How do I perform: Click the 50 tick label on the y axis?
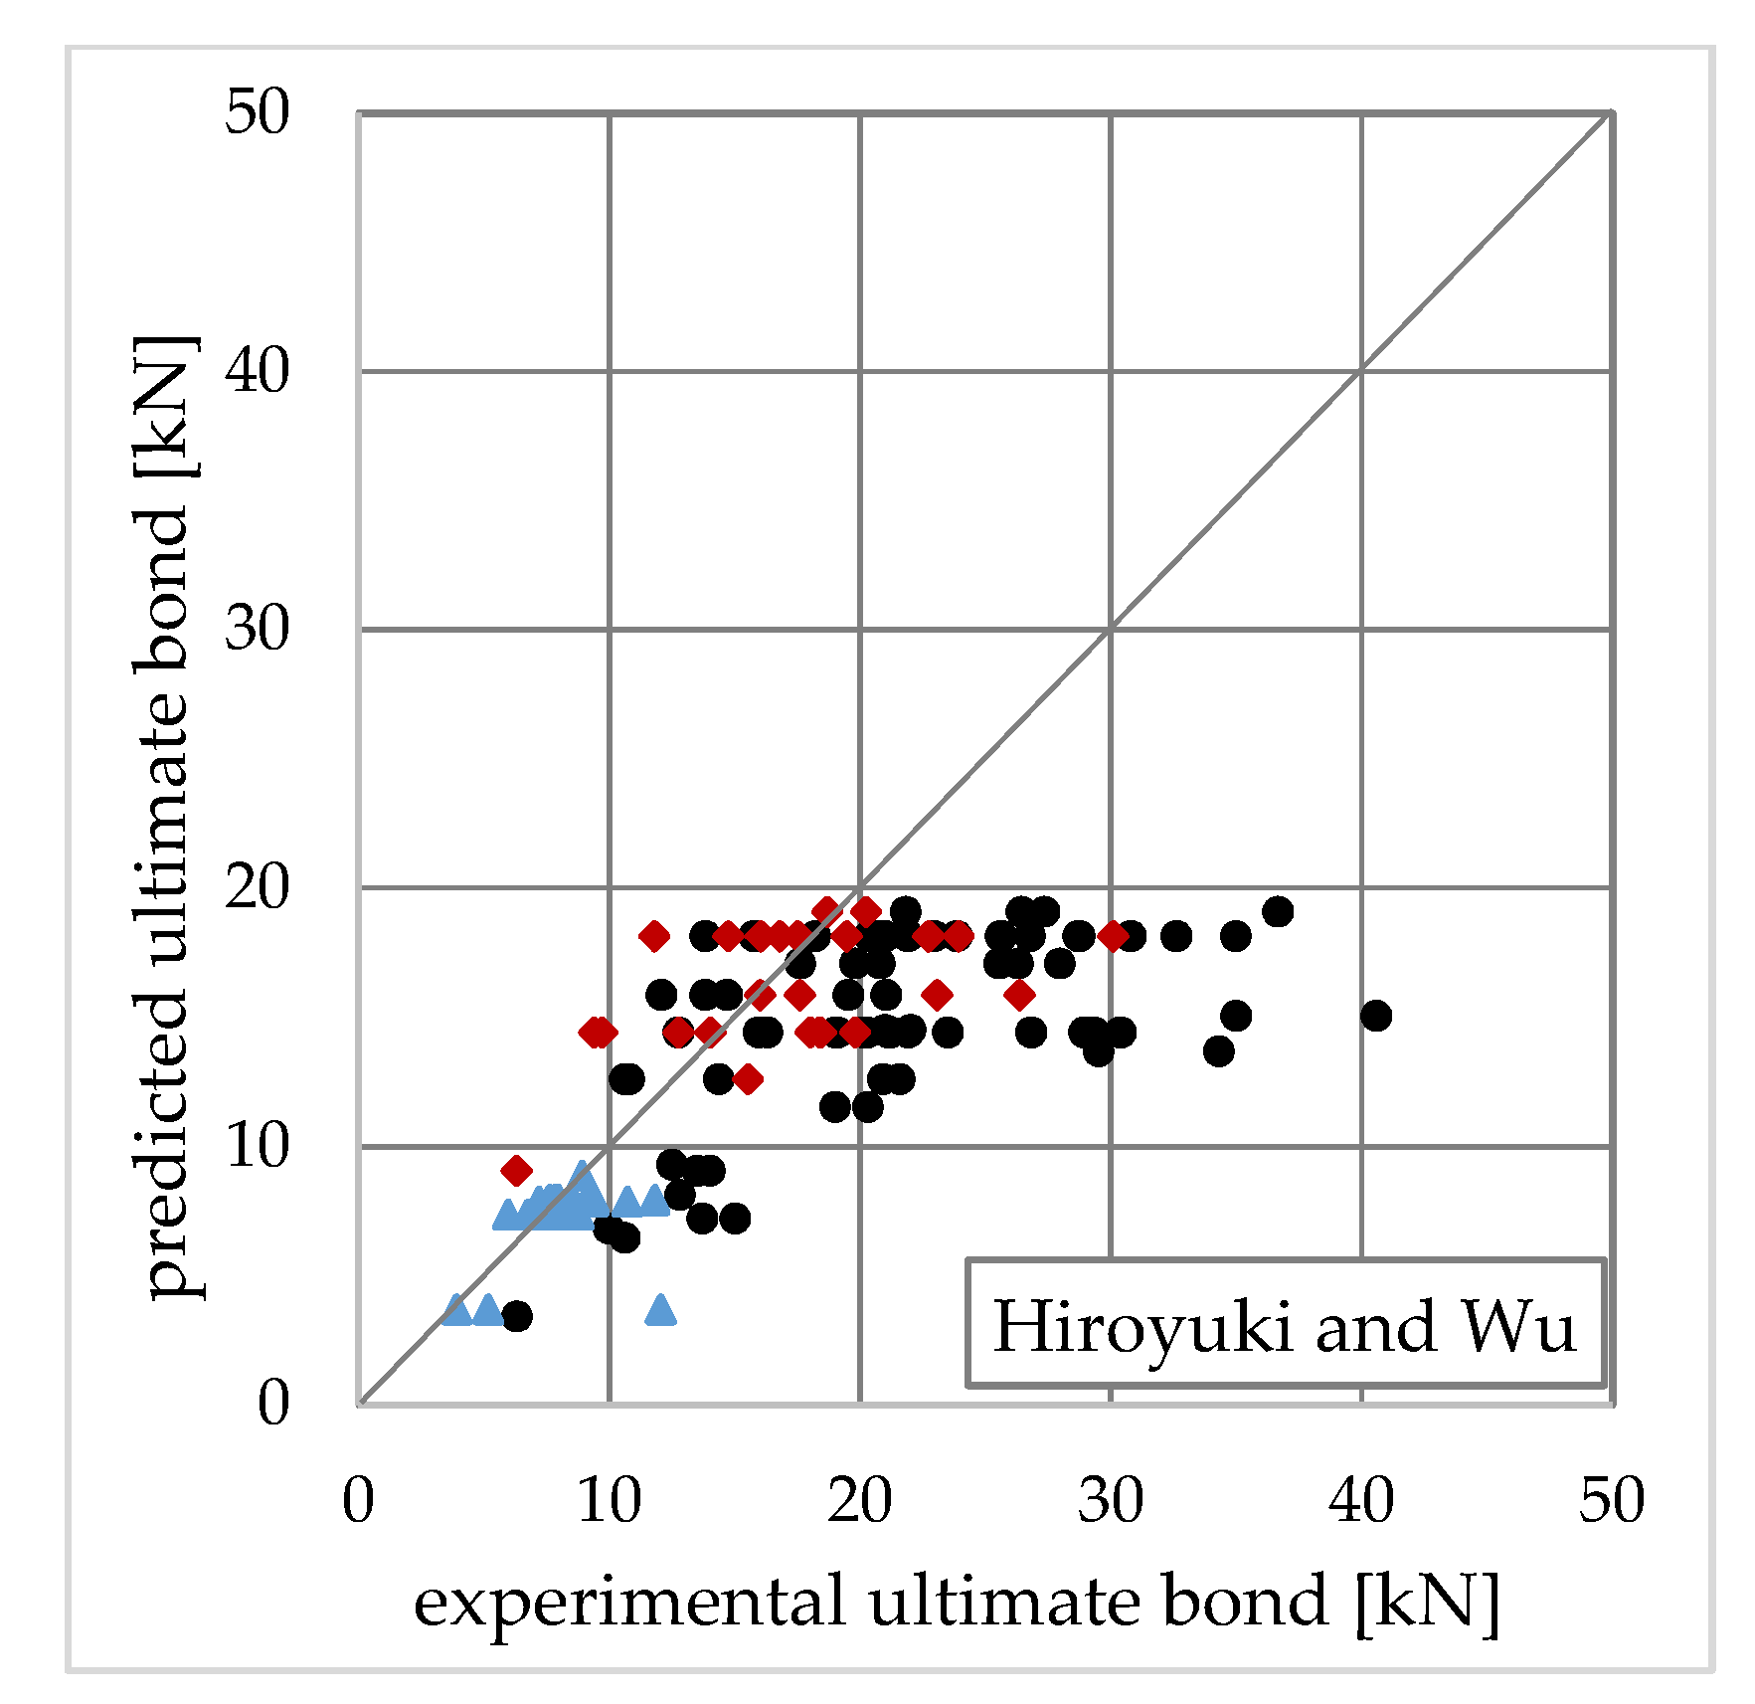tap(258, 111)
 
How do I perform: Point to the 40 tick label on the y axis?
tap(258, 371)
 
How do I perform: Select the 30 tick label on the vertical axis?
tap(258, 629)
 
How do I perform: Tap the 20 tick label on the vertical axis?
tap(258, 887)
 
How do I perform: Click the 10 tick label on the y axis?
tap(258, 1145)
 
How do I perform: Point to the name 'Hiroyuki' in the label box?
tap(1142, 1326)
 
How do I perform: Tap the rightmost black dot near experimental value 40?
tap(1376, 1016)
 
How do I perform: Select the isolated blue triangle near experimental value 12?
tap(660, 1310)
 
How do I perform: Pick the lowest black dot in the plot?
tap(517, 1316)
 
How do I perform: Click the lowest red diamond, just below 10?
tap(516, 1170)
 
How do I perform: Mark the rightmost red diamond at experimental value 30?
tap(1112, 935)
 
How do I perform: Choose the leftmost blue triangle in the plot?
tap(455, 1310)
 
